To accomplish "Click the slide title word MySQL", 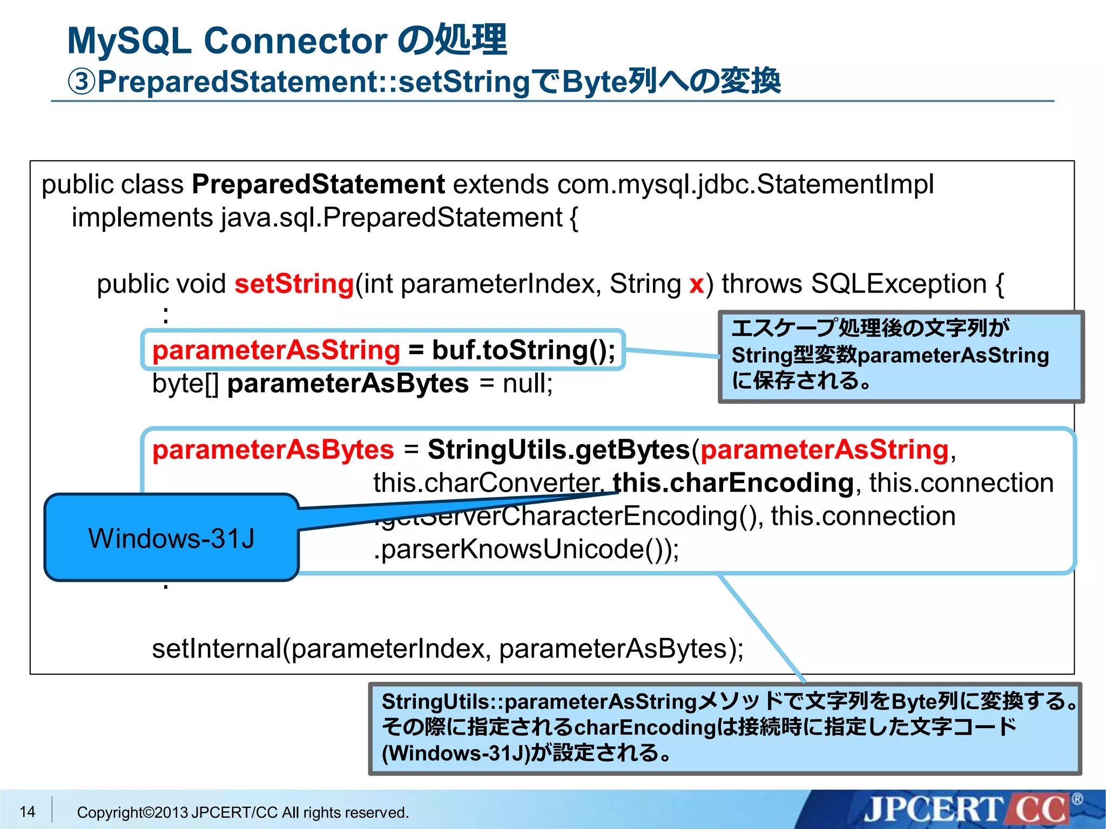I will tap(130, 41).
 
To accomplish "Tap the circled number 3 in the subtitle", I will tap(82, 82).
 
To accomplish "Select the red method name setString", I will tap(294, 284).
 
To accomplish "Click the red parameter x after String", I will tap(696, 284).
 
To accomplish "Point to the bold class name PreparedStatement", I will tap(318, 185).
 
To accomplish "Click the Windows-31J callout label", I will tap(171, 538).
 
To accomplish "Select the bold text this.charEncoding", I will tap(733, 483).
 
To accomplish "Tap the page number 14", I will tap(27, 812).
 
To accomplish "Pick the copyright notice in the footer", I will tap(242, 812).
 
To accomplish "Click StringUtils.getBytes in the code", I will tap(558, 450).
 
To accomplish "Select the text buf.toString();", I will tap(523, 350).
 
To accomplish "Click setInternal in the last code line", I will tap(217, 649).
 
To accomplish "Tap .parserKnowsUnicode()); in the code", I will tap(526, 549).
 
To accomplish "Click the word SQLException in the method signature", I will tap(899, 284).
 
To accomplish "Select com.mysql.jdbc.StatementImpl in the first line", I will tap(745, 185).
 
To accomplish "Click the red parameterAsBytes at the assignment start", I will tap(273, 450).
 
